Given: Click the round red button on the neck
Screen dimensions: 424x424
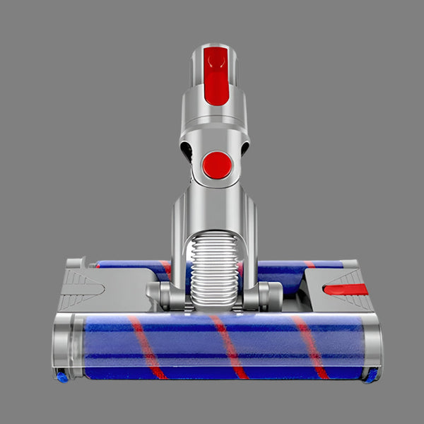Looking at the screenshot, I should coord(216,166).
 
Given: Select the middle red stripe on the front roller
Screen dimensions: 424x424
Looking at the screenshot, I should coord(229,346).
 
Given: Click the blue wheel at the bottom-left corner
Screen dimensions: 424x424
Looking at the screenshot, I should coord(62,377).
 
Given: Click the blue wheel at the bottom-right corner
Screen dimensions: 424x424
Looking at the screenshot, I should coord(370,377).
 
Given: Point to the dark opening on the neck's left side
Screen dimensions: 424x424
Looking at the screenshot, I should coord(185,150).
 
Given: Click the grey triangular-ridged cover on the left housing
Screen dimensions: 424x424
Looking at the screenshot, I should coord(82,286).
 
